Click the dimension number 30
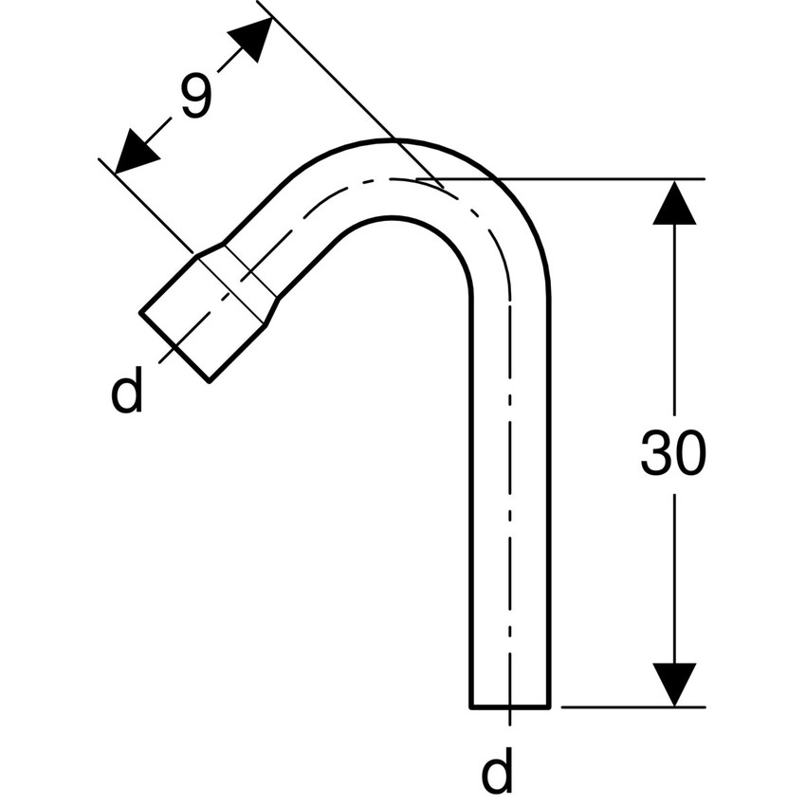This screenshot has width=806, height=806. (x=672, y=454)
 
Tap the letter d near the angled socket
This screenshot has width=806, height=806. (x=127, y=392)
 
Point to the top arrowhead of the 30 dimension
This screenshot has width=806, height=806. (x=674, y=201)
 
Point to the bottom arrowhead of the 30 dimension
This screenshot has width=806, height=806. (x=674, y=685)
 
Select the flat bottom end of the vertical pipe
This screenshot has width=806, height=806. (x=510, y=706)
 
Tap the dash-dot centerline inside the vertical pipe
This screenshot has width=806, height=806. (x=510, y=474)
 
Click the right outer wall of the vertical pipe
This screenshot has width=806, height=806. (x=549, y=474)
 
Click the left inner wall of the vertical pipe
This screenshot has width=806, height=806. (x=471, y=474)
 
